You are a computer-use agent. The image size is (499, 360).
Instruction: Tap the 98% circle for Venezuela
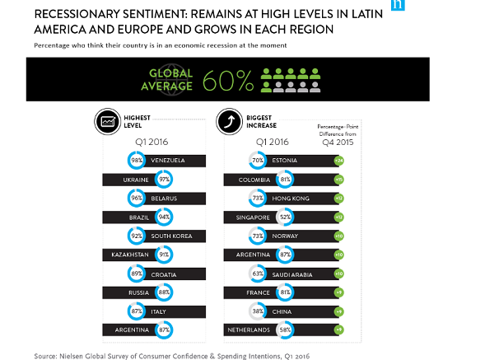(136, 159)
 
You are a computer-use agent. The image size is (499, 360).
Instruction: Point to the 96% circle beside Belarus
(136, 198)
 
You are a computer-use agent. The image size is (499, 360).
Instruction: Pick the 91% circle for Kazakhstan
(164, 255)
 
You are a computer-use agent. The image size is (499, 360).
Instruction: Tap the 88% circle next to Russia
(164, 292)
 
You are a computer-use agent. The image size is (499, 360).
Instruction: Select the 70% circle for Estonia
(257, 160)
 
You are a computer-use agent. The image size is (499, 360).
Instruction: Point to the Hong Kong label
(289, 198)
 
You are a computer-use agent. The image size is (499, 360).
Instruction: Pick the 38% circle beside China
(257, 311)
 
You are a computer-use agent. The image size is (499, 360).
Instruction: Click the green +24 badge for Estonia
(339, 160)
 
